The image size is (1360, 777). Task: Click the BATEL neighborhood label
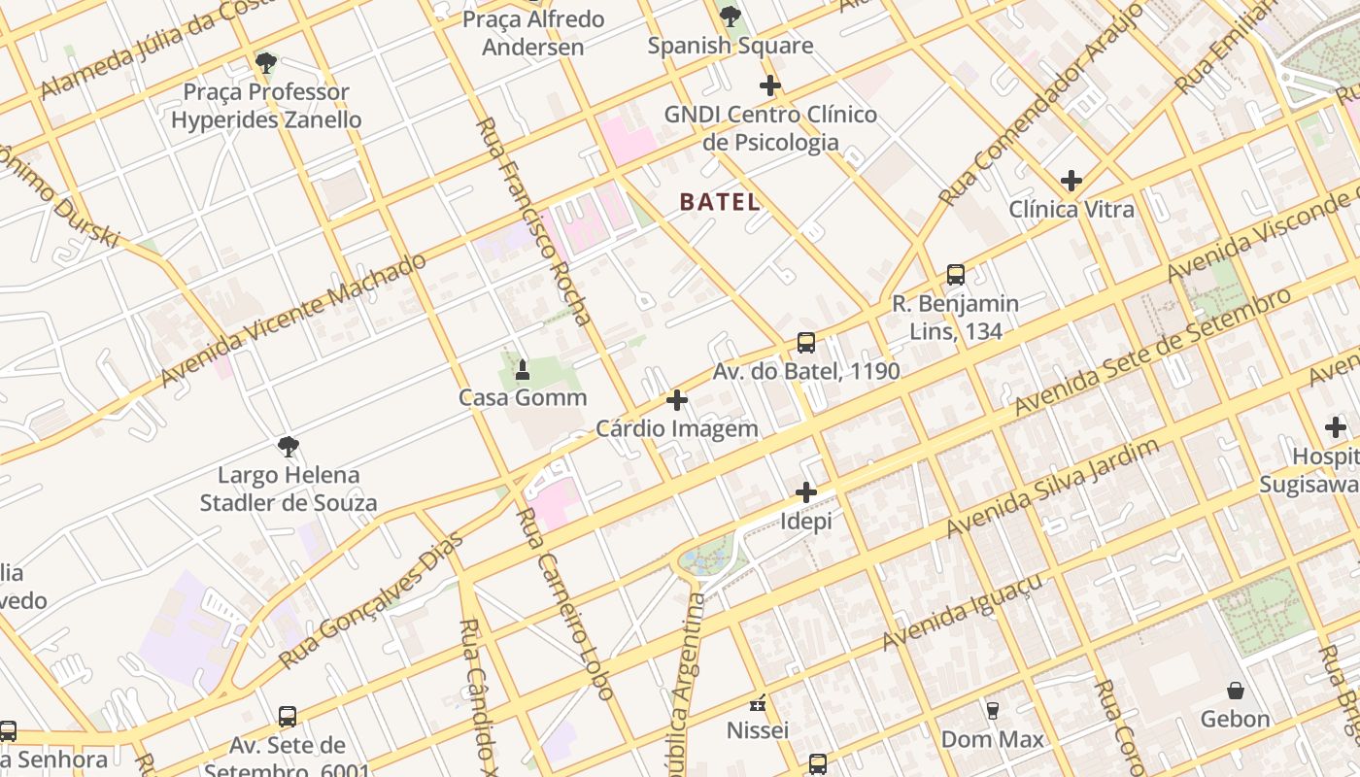pos(719,202)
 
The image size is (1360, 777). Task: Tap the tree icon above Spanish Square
pos(731,17)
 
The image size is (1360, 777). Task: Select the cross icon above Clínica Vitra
pos(1071,181)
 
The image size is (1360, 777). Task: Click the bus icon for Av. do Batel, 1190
pos(806,343)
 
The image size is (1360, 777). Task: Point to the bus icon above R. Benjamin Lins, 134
pos(956,275)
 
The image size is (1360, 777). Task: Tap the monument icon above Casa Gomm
pos(523,369)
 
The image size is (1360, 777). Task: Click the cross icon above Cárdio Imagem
pos(677,400)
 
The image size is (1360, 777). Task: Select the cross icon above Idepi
pos(806,492)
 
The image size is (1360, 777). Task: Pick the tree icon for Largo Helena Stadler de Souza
pos(288,447)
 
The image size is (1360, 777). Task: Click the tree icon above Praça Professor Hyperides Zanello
pos(265,64)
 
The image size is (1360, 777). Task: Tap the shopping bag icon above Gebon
pos(1236,691)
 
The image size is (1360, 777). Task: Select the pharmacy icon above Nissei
pos(758,702)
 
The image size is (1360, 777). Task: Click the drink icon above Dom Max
pos(992,711)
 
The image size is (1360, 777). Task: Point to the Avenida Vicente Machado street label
pos(293,319)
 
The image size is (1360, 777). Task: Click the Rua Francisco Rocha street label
pos(533,220)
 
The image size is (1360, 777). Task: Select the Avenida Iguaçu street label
pos(963,612)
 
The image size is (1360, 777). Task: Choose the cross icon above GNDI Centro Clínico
pos(770,85)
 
